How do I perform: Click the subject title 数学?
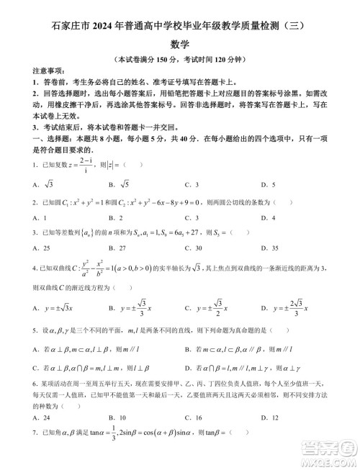click(x=179, y=43)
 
